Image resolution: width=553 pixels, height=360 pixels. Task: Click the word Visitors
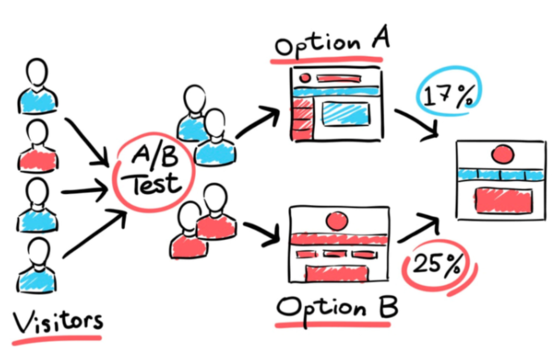tap(58, 320)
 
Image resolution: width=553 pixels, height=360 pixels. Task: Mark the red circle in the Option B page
tap(336, 221)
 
